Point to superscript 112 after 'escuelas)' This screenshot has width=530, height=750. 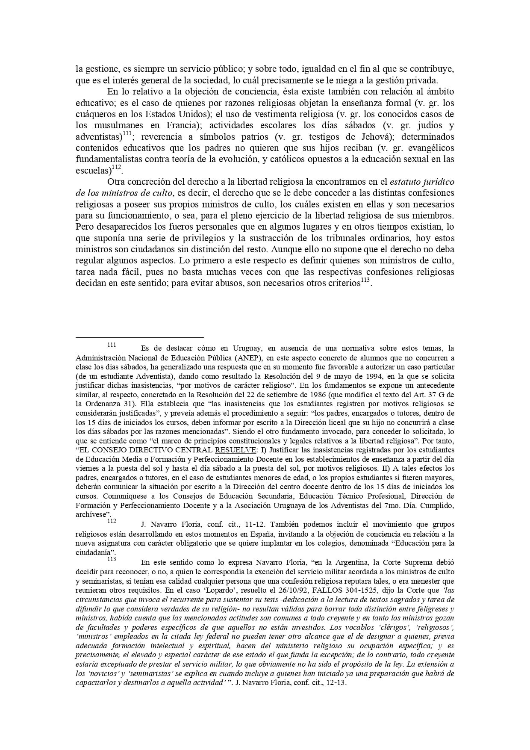(x=116, y=168)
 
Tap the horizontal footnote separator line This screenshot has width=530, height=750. (x=139, y=337)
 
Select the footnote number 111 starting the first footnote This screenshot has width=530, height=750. (x=112, y=345)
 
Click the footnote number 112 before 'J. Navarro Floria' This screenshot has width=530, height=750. (x=112, y=521)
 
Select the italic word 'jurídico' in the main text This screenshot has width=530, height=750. (x=438, y=182)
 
